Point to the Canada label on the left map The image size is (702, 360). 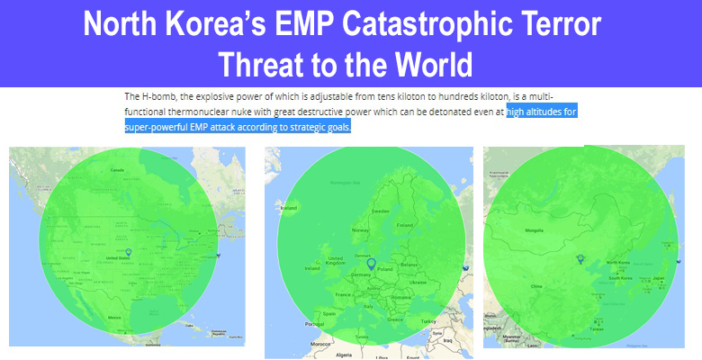pyautogui.click(x=117, y=169)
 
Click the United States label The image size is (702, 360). pyautogui.click(x=119, y=257)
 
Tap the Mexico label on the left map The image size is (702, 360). pyautogui.click(x=114, y=318)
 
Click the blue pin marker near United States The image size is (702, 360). pyautogui.click(x=129, y=253)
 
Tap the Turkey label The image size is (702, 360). pyautogui.click(x=427, y=321)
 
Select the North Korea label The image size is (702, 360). pyautogui.click(x=618, y=262)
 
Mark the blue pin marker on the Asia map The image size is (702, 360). pyautogui.click(x=580, y=260)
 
